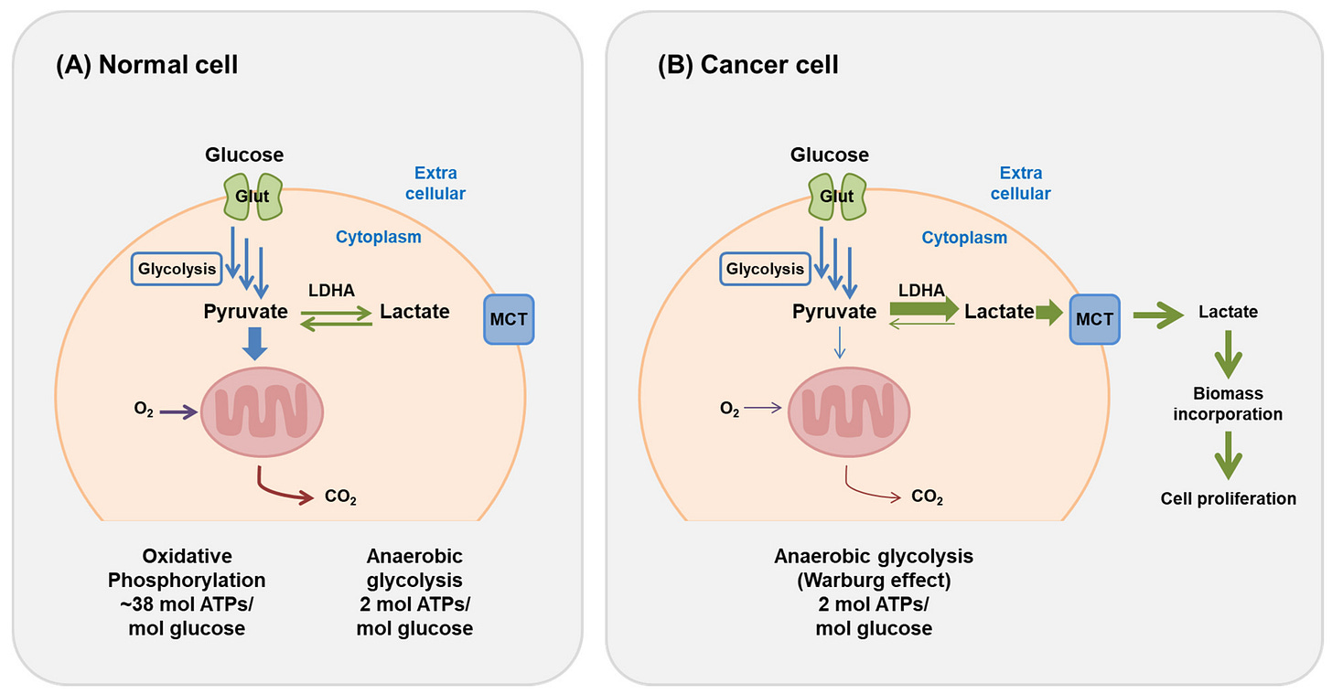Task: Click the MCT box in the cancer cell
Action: coord(1094,319)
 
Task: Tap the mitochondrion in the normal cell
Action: coord(262,413)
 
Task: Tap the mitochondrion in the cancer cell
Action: coord(846,413)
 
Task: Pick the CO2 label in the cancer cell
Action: coord(927,498)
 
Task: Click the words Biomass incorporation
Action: coord(1227,403)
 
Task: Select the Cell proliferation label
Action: coord(1228,498)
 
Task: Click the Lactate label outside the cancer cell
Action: coord(1228,312)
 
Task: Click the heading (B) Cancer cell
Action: coord(747,66)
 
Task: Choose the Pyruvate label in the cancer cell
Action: coord(834,312)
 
